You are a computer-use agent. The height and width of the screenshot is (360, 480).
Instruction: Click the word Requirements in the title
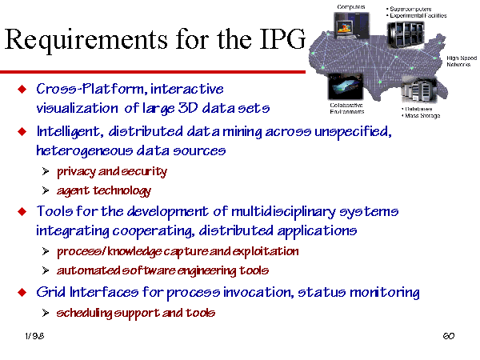(86, 40)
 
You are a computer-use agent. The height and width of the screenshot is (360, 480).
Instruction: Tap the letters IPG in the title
(282, 39)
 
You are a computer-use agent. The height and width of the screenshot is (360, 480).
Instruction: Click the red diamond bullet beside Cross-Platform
(22, 89)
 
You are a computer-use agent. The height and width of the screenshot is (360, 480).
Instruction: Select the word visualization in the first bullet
(77, 108)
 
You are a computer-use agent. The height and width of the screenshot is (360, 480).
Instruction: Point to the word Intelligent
(68, 132)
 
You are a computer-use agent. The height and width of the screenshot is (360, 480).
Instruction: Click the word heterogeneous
(85, 150)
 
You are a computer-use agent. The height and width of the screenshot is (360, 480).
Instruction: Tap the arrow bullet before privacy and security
(46, 171)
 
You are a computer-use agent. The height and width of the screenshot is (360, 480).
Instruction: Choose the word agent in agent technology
(73, 191)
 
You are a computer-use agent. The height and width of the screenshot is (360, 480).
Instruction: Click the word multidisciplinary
(283, 212)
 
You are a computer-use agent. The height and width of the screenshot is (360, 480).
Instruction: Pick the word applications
(317, 231)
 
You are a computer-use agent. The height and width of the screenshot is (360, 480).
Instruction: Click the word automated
(89, 270)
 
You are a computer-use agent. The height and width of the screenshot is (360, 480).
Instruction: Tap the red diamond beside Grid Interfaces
(22, 292)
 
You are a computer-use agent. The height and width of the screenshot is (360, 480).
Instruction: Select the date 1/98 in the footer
(34, 336)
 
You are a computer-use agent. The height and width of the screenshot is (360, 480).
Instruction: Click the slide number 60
(449, 336)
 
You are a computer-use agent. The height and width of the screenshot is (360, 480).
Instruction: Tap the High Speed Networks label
(462, 62)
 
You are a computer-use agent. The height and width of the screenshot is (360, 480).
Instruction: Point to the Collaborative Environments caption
(347, 108)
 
